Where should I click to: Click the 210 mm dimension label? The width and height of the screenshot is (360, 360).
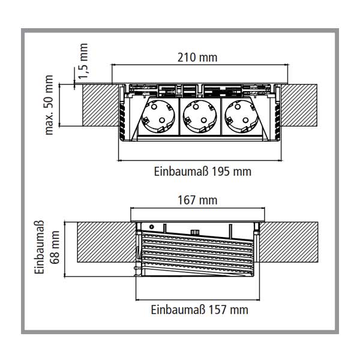[x=197, y=58]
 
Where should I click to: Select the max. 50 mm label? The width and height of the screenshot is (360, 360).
[x=50, y=106]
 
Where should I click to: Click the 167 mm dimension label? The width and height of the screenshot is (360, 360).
[x=197, y=200]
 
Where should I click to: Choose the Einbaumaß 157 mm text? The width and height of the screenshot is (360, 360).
[x=199, y=310]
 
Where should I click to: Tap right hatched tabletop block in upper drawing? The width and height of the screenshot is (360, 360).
[x=300, y=105]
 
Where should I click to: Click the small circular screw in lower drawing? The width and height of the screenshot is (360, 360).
[x=152, y=227]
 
